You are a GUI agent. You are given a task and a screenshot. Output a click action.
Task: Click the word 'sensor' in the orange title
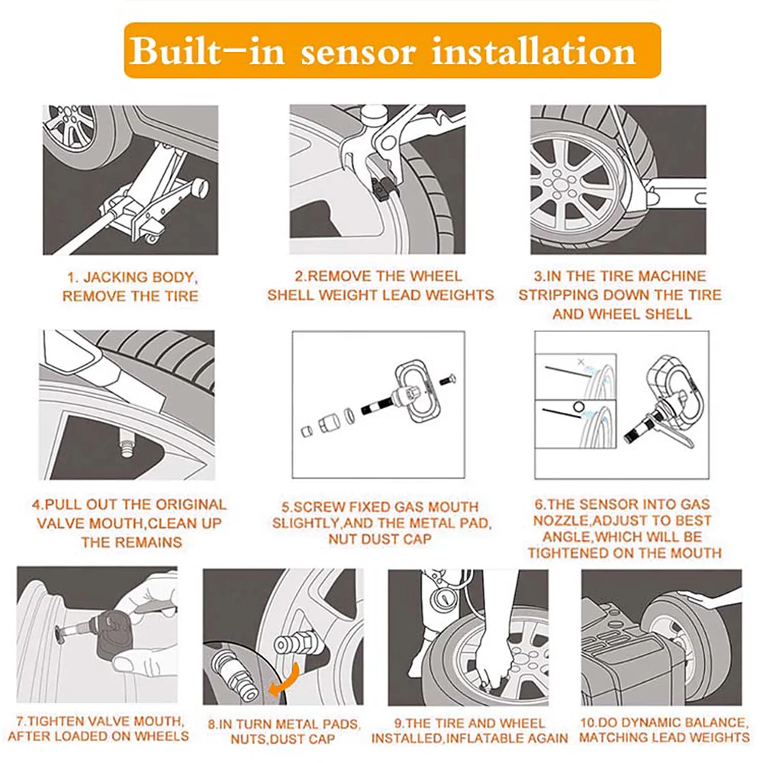[359, 52]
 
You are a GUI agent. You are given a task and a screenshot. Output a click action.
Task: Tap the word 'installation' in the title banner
[534, 50]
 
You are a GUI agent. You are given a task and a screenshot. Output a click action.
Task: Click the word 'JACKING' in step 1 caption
[114, 278]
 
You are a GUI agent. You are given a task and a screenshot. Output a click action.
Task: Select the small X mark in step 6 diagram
[581, 362]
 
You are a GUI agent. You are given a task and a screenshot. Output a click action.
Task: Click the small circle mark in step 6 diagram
[578, 407]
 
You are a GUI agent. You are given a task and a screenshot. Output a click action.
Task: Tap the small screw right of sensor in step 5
[448, 379]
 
